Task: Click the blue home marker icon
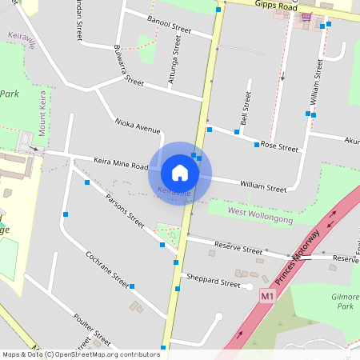(x=180, y=172)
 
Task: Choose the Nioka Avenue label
(x=137, y=126)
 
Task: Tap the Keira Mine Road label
(x=121, y=162)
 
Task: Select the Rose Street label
(x=278, y=147)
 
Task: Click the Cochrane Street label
(x=108, y=269)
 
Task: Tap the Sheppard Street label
(x=213, y=283)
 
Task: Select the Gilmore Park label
(x=345, y=300)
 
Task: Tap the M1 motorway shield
(x=267, y=296)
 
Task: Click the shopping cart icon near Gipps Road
(x=306, y=15)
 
